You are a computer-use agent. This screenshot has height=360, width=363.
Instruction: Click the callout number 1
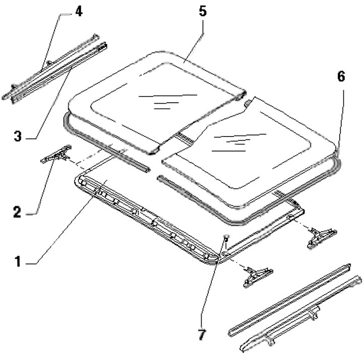tap(18, 262)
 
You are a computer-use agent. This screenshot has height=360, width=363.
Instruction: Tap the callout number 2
tap(17, 212)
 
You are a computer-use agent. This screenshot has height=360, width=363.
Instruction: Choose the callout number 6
tap(341, 77)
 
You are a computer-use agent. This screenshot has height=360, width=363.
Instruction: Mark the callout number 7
tap(202, 333)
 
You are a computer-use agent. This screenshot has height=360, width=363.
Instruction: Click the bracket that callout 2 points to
tap(55, 156)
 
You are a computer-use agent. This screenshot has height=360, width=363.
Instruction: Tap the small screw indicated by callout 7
tap(227, 237)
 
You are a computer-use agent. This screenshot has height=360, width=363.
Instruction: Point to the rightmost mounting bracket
tap(321, 234)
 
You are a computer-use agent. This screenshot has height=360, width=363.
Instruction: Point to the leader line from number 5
tap(194, 45)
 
